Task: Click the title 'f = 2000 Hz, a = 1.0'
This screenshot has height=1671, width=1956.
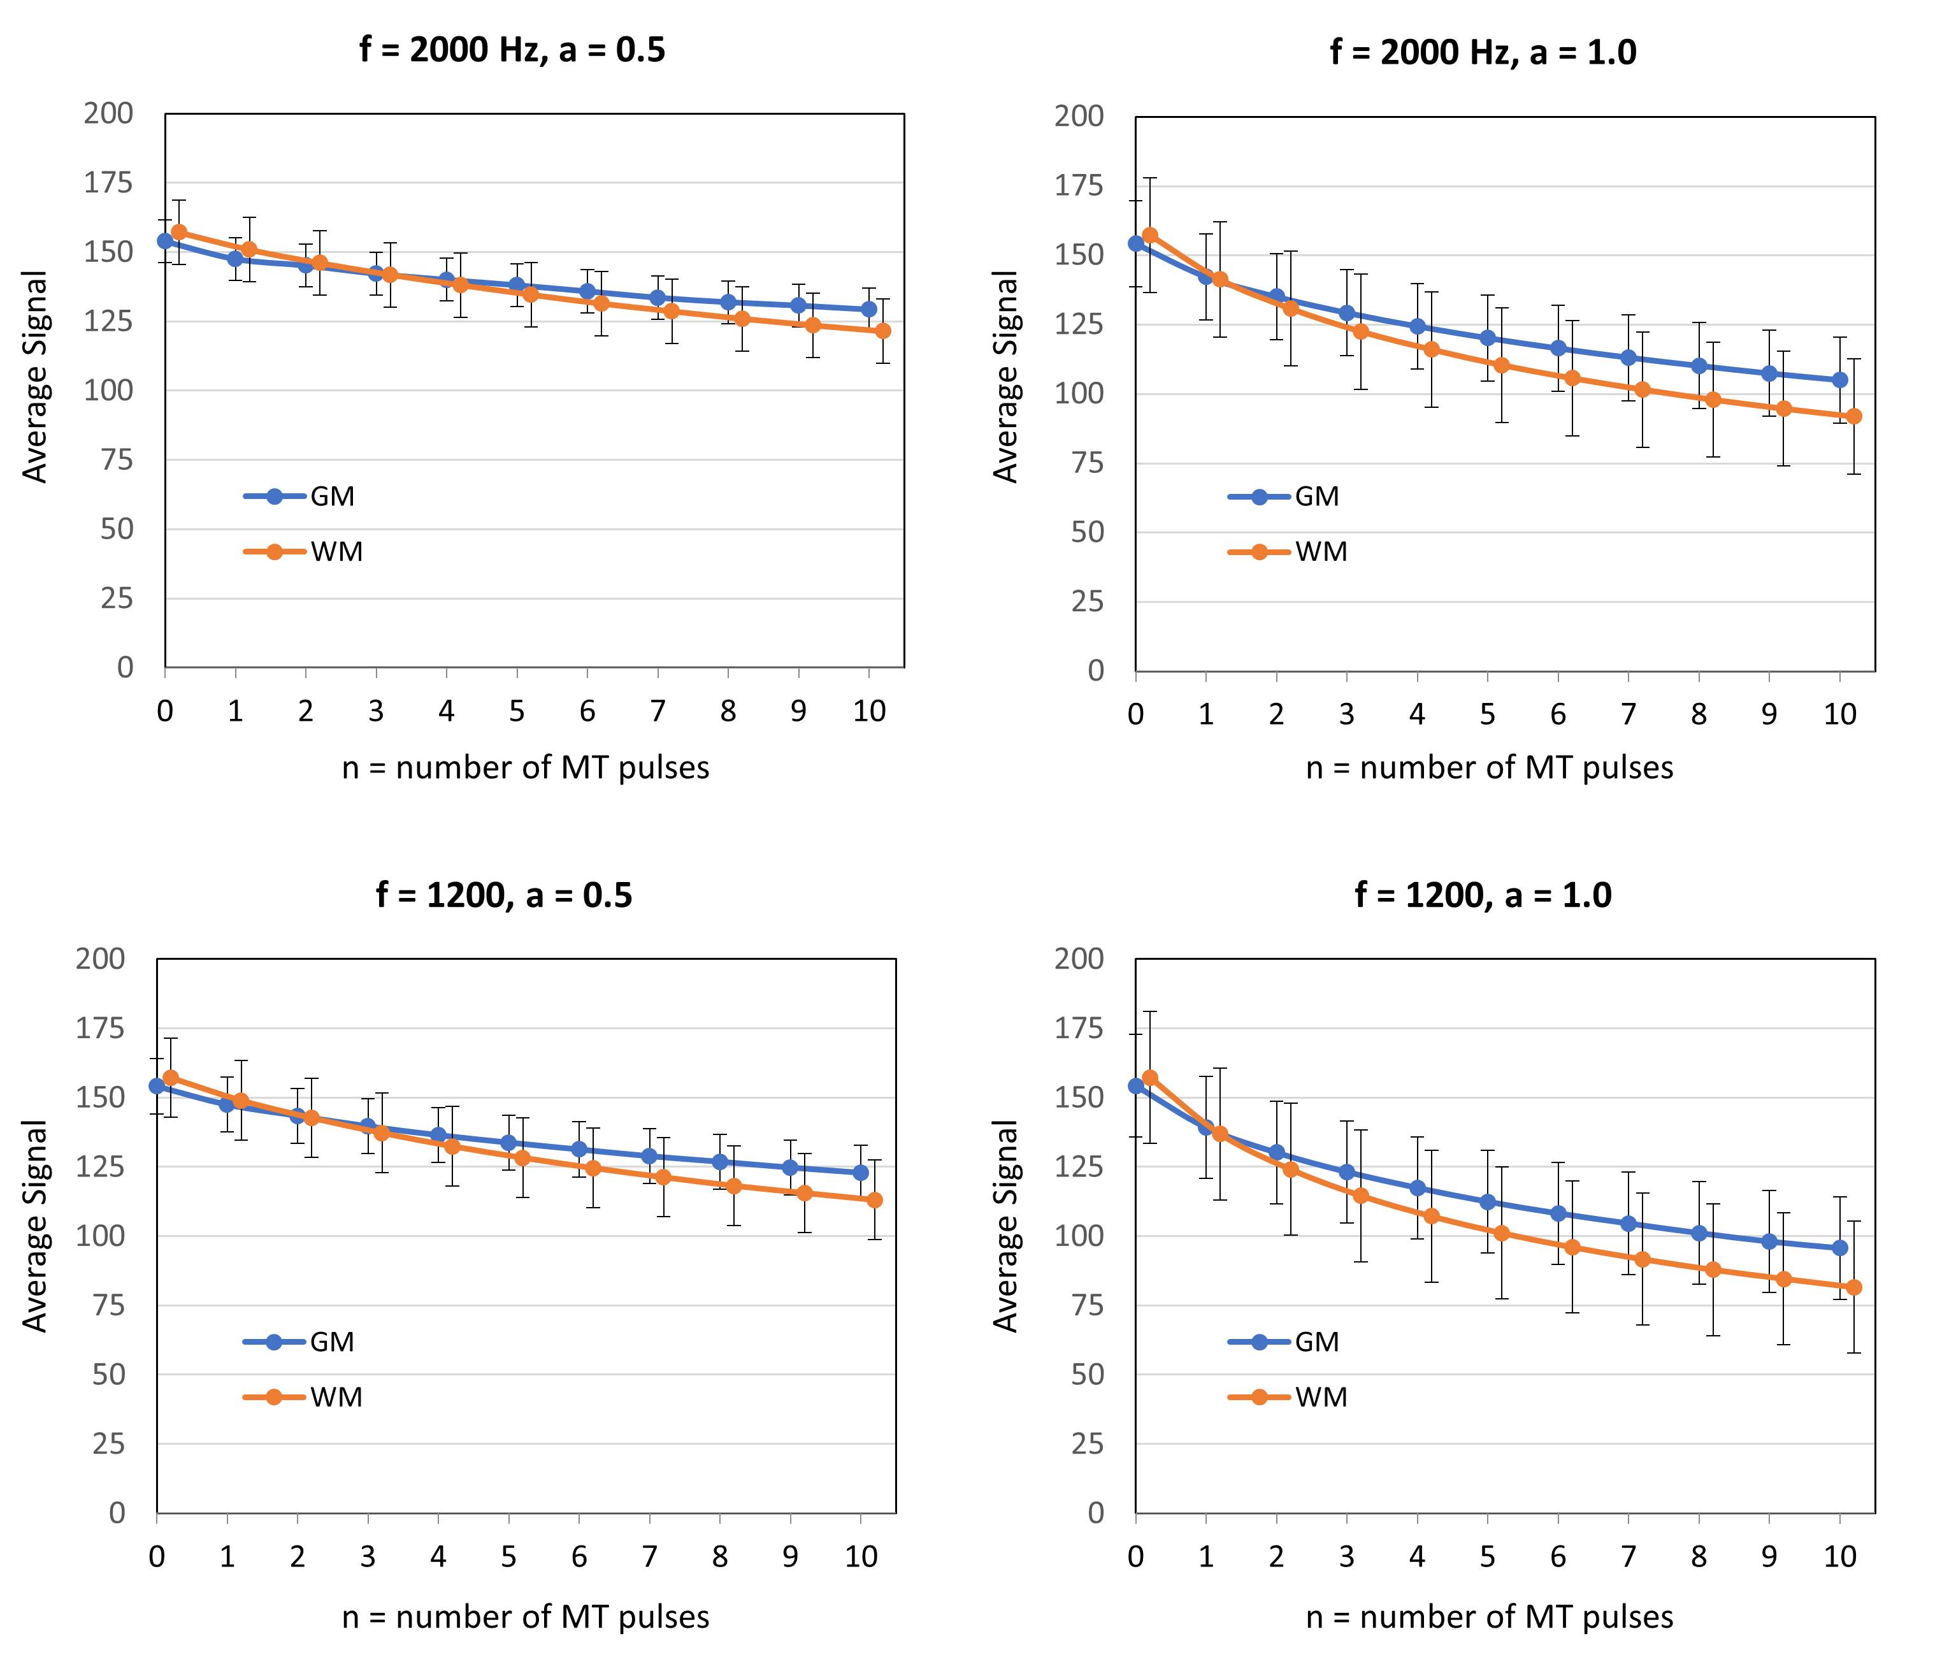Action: tap(1483, 52)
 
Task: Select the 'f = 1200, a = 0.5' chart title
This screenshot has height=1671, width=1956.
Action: tap(504, 894)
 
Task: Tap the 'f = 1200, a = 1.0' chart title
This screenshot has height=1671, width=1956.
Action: tap(1483, 894)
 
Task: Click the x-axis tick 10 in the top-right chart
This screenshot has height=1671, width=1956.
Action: tap(1839, 714)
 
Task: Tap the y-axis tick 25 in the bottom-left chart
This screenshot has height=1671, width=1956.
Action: tap(108, 1443)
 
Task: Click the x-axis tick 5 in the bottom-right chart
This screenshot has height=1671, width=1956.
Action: tap(1487, 1557)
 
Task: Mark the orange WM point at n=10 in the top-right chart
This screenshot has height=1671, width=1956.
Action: tap(1853, 416)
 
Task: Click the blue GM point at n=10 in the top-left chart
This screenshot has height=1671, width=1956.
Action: tap(868, 308)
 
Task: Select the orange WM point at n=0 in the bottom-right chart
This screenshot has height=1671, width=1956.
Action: tap(1150, 1077)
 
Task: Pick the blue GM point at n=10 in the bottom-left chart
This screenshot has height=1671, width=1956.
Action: tap(860, 1173)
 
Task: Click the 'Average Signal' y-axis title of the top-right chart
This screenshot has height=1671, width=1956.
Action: tap(1006, 377)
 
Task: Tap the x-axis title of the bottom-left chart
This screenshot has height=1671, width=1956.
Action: tap(525, 1617)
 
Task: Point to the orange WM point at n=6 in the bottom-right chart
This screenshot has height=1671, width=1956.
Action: tap(1572, 1247)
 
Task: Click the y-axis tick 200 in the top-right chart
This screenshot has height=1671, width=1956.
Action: tap(1079, 116)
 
